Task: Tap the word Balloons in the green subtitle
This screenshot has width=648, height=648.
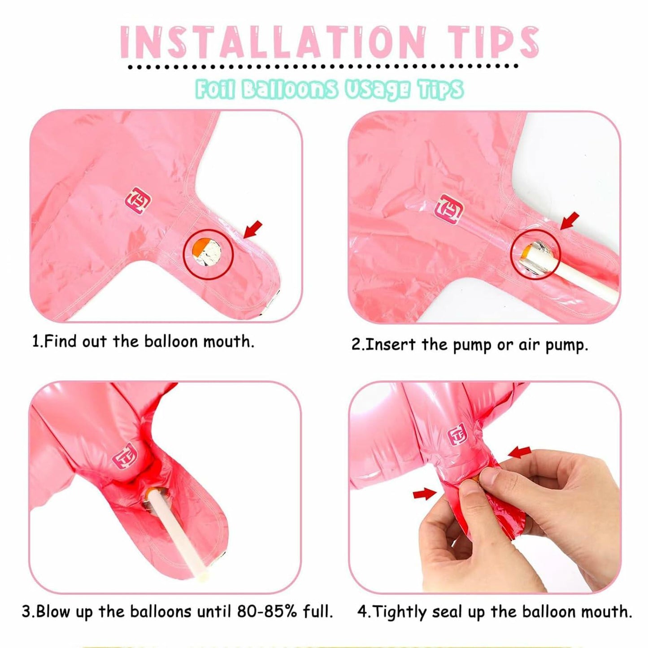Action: click(x=289, y=90)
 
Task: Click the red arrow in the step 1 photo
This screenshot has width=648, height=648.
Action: click(x=252, y=229)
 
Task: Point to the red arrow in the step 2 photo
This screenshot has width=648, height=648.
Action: click(x=570, y=220)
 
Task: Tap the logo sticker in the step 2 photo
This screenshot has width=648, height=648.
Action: click(x=449, y=209)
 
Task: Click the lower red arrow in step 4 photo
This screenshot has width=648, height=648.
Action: click(x=424, y=494)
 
